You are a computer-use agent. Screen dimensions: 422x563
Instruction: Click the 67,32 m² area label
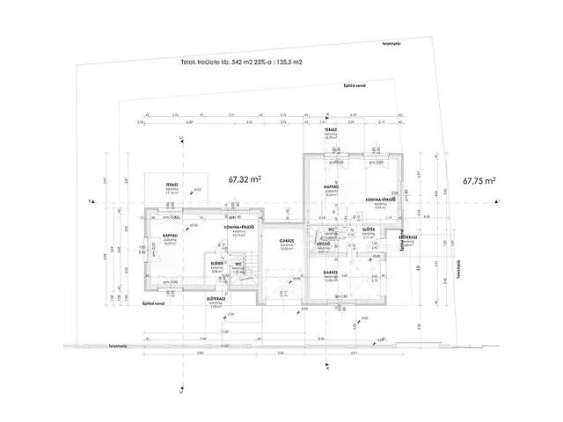[x=247, y=179]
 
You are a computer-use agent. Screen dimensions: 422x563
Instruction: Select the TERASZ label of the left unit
[x=161, y=186]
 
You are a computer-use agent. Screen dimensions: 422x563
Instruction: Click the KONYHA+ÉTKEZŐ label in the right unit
[x=384, y=200]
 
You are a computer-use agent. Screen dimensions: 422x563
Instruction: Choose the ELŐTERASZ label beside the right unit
[x=407, y=236]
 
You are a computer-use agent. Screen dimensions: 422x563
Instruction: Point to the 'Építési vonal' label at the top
[x=355, y=86]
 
